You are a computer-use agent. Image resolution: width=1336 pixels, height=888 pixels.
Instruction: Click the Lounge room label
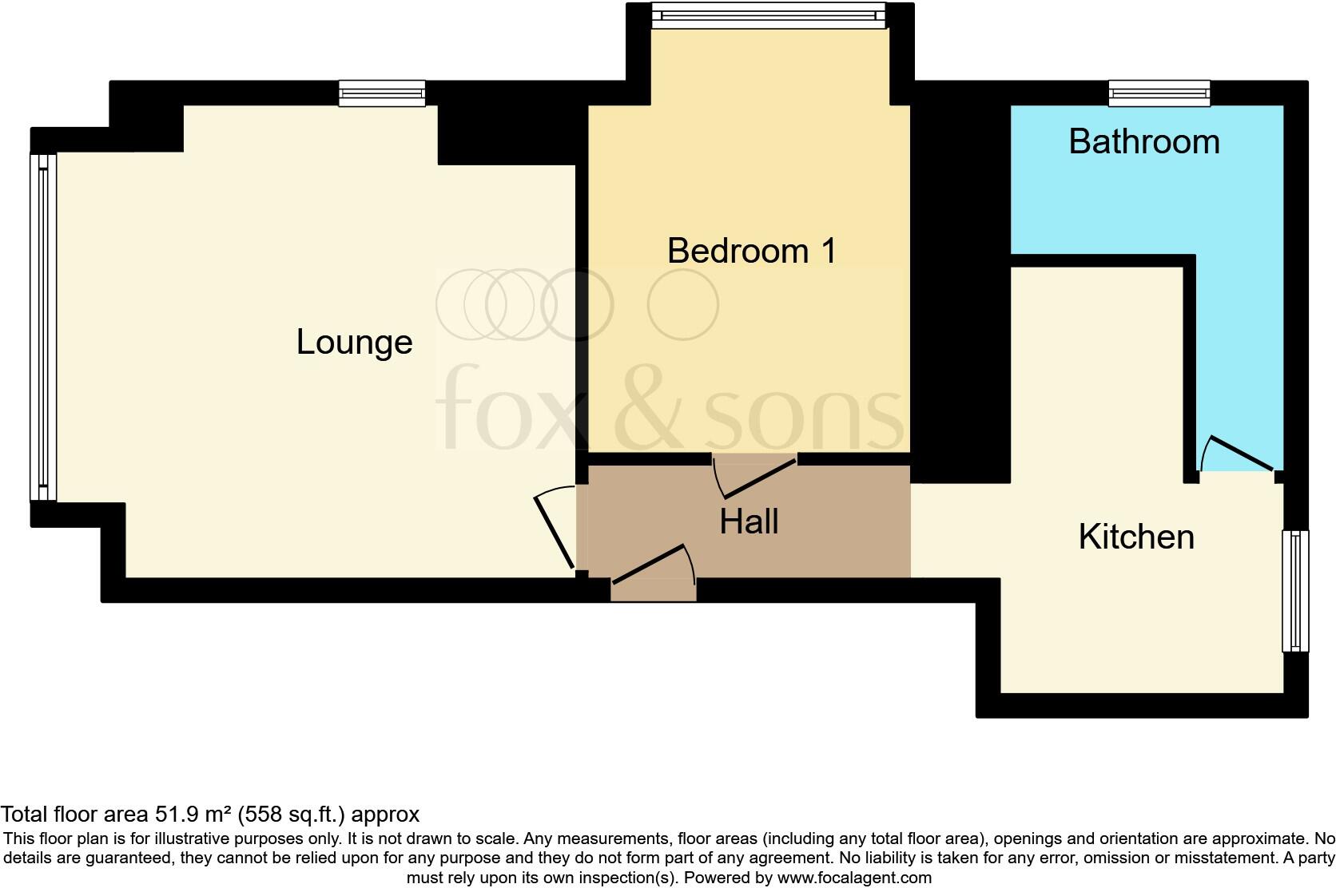coord(354,342)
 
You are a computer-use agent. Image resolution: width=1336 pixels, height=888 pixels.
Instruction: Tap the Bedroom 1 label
coord(751,251)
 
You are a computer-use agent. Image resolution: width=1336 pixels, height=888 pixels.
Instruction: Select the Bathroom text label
coord(1144,141)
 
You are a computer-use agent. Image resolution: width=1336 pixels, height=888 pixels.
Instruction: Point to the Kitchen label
coord(1135,537)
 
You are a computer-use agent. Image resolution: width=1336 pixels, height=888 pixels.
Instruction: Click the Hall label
coord(749,521)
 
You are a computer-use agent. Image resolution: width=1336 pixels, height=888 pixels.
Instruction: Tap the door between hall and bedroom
coord(755,477)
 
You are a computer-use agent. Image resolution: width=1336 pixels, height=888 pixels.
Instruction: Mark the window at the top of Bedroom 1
coord(769,16)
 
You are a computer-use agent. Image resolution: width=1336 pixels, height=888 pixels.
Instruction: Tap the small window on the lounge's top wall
coord(382,93)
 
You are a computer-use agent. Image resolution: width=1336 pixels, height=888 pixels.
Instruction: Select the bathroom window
coord(1159,93)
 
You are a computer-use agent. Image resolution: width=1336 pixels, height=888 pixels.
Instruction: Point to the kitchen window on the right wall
coord(1295,591)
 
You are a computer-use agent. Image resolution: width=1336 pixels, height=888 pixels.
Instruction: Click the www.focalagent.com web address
coord(853,878)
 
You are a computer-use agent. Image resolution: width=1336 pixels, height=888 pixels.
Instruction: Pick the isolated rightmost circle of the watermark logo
coord(682,305)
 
